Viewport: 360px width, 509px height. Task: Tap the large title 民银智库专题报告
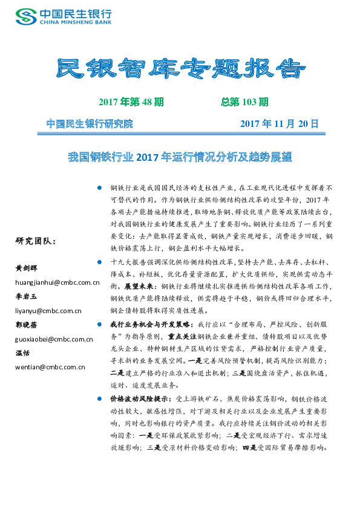pos(180,70)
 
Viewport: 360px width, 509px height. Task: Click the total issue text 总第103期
pos(244,102)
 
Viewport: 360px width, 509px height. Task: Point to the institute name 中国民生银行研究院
pos(90,124)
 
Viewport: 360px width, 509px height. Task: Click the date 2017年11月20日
pos(279,124)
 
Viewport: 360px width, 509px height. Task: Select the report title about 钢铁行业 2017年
pos(180,157)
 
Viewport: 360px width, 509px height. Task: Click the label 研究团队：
pos(35,241)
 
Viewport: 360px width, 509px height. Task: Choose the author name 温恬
pos(23,352)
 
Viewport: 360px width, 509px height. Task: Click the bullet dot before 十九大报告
pos(99,262)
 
